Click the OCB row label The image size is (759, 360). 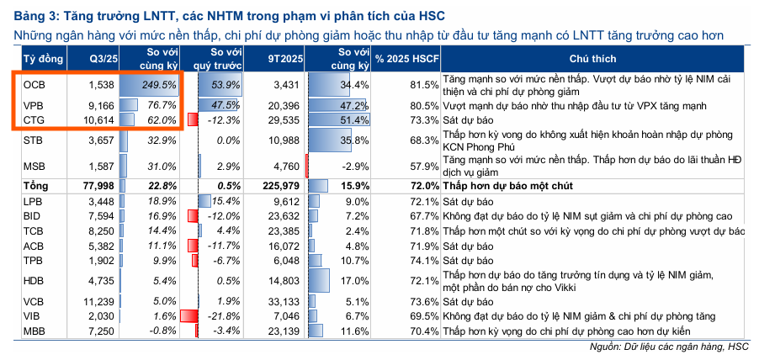34,85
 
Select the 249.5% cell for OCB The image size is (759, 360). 158,85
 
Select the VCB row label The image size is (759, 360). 34,301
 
